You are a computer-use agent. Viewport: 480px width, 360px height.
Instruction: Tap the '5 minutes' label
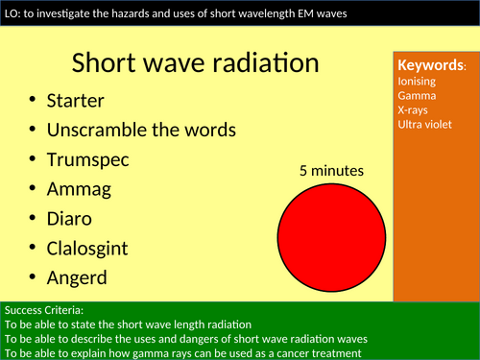pos(331,172)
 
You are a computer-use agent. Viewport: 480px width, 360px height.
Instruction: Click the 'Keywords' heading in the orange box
pos(430,65)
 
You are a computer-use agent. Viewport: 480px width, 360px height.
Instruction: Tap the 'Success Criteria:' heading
pos(44,311)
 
